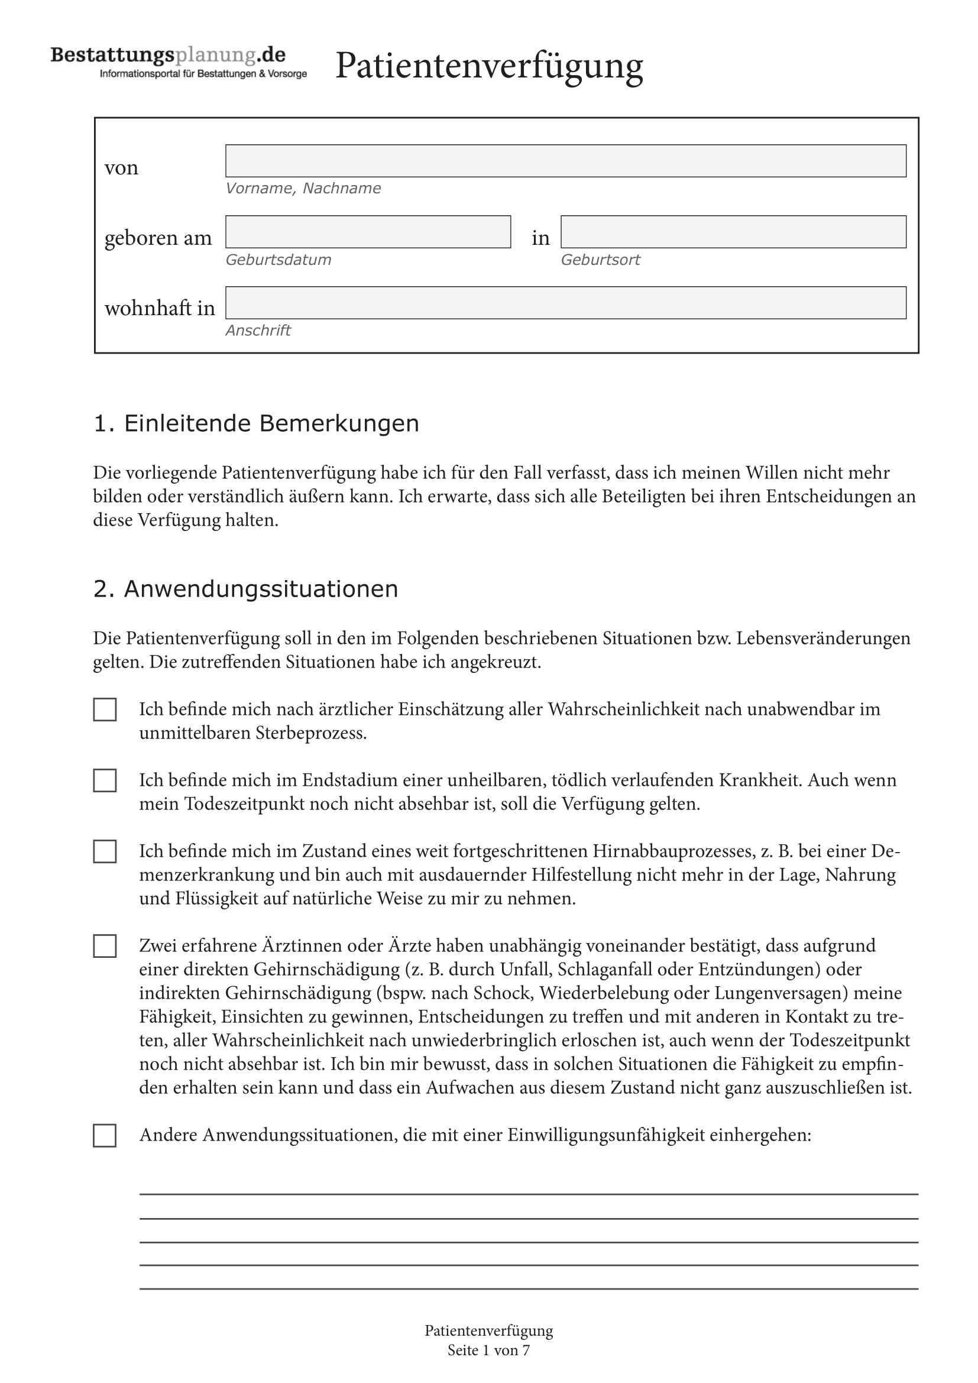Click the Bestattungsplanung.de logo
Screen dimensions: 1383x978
[x=168, y=56]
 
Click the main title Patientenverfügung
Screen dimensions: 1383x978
[x=488, y=65]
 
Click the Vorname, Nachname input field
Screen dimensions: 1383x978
[x=565, y=161]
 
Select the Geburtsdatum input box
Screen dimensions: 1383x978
[x=368, y=232]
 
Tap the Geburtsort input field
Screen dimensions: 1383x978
[x=733, y=232]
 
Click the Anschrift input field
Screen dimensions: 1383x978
[x=565, y=302]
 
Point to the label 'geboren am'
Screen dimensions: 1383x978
[x=158, y=238]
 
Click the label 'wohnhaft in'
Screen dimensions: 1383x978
[x=160, y=308]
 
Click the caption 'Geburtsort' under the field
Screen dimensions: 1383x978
[x=600, y=260]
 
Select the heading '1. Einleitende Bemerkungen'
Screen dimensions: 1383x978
[x=256, y=423]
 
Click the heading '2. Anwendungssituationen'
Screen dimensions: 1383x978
[x=246, y=588]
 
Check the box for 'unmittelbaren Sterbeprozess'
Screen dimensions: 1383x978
[x=105, y=710]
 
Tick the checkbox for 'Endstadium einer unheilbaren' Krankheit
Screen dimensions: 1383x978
[x=105, y=780]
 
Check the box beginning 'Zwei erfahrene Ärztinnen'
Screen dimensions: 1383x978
[x=105, y=946]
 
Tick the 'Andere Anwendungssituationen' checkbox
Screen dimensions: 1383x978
[x=105, y=1135]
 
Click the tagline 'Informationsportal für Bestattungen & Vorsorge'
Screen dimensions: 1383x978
[x=203, y=74]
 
